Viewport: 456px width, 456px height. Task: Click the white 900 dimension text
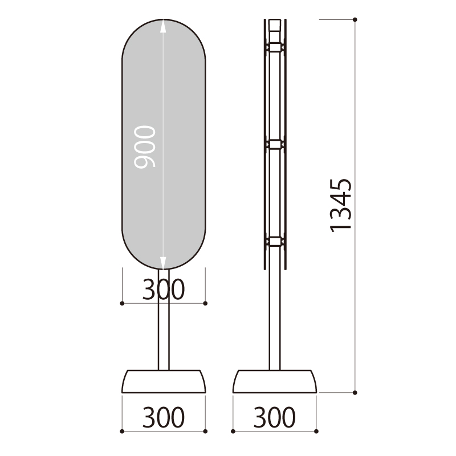point(145,147)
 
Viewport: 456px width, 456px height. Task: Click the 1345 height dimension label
point(340,205)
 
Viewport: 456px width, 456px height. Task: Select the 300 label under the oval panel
point(163,289)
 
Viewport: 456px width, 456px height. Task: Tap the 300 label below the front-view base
point(163,417)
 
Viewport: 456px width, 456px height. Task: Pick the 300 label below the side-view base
point(274,417)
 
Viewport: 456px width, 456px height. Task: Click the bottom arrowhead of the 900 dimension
point(163,263)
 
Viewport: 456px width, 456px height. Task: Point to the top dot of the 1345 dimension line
point(355,19)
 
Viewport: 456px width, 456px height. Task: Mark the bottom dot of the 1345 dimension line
point(355,393)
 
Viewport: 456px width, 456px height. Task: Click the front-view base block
point(164,381)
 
